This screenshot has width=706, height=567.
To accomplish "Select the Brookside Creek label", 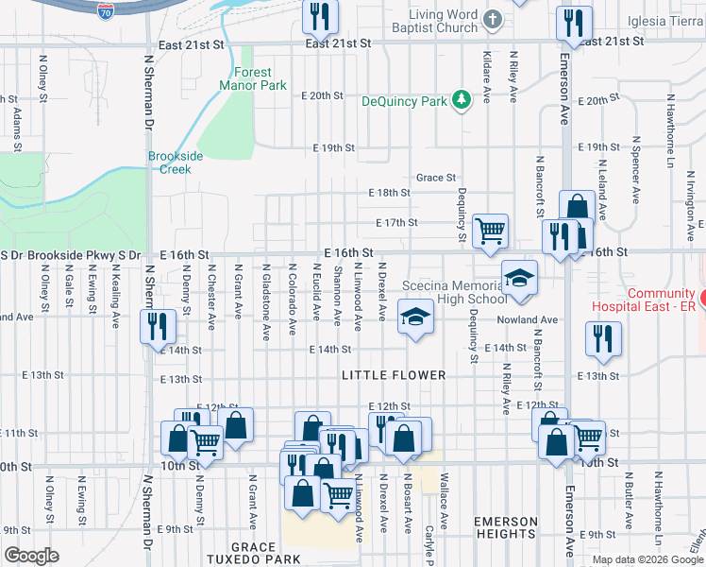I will coord(169,163).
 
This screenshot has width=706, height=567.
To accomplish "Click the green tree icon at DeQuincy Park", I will coord(461,99).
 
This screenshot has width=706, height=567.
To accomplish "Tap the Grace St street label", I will coord(436,178).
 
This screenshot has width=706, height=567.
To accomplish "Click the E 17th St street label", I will coord(395,223).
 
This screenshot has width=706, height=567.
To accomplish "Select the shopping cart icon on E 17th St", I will coord(490,231).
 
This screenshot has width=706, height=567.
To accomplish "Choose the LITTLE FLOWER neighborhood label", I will coord(394,375).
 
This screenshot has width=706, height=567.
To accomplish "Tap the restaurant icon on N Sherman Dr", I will coord(157,327).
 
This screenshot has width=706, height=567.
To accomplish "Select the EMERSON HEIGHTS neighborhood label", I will coord(505,528).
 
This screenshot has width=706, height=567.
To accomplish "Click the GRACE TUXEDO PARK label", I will coord(252,553).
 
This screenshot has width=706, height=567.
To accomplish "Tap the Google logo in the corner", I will coord(32,556).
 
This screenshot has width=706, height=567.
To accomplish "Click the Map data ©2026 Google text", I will coord(647,559).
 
